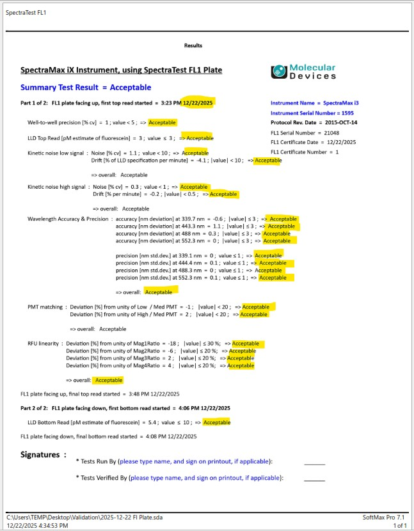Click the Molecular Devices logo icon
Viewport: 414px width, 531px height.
(280, 71)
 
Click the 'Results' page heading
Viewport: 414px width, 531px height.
(193, 45)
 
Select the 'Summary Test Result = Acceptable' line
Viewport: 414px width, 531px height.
(86, 87)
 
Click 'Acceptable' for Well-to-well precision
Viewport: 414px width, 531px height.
(163, 122)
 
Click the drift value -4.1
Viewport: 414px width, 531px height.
(216, 161)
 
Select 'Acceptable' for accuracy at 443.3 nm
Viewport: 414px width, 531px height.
(282, 226)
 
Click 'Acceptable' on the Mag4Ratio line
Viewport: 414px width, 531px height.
(241, 366)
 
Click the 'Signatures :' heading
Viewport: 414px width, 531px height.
(44, 454)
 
